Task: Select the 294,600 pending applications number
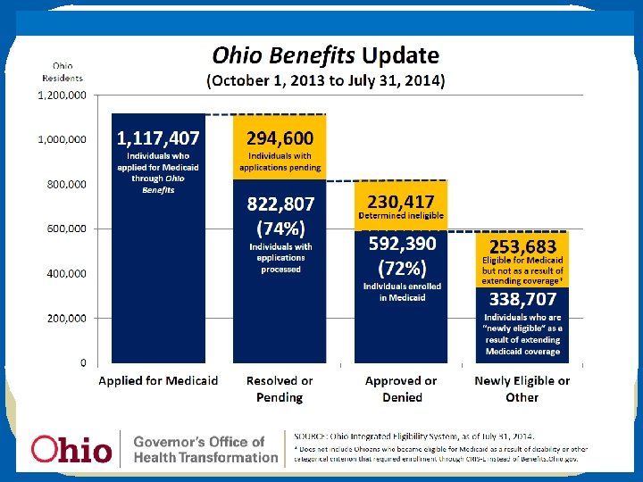(280, 138)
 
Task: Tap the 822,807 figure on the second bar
(280, 204)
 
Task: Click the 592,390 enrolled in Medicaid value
(401, 244)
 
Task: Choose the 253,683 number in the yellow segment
(522, 245)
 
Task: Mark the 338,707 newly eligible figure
(522, 299)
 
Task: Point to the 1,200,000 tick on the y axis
(62, 95)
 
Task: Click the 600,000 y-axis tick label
(68, 229)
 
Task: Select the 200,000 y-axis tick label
(68, 318)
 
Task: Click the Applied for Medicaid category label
(158, 381)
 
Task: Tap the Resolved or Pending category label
(280, 388)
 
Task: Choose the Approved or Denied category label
(401, 388)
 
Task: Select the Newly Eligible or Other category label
(522, 388)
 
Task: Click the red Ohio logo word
(71, 449)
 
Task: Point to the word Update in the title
(399, 56)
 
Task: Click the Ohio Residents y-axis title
(62, 71)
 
